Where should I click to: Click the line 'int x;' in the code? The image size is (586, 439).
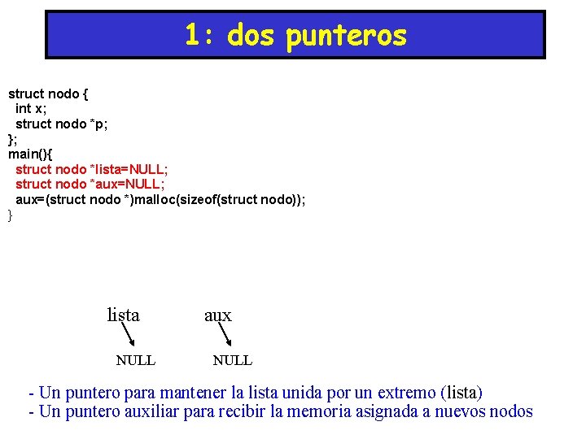[x=31, y=108]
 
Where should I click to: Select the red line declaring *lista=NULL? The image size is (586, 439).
[x=92, y=169]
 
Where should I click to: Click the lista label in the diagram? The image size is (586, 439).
[x=123, y=315]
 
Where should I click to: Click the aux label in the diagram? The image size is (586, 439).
[x=217, y=315]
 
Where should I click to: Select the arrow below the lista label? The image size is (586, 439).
[x=129, y=337]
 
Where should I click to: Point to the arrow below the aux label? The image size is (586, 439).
[x=222, y=337]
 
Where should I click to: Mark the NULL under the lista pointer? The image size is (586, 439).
[x=136, y=360]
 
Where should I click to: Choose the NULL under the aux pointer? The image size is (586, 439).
[x=233, y=360]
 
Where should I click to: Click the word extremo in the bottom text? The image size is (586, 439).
[x=402, y=393]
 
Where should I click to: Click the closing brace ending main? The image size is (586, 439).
[x=11, y=215]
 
